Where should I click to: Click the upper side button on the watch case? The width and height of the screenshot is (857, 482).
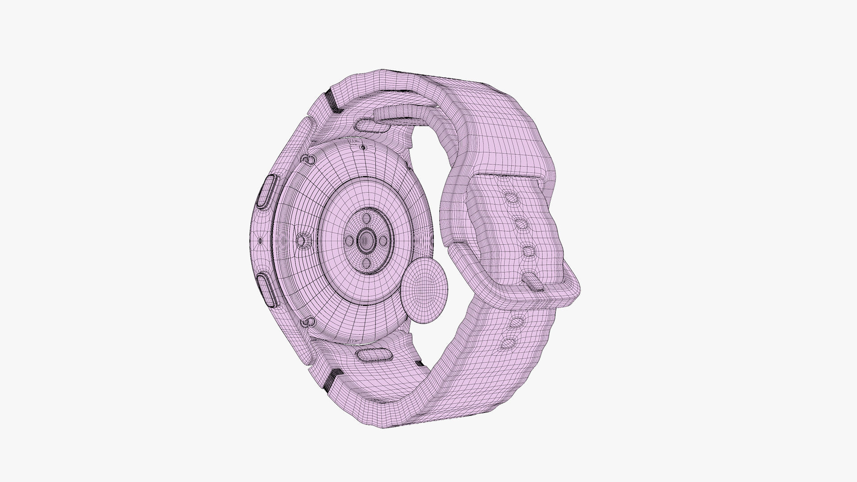click(x=267, y=191)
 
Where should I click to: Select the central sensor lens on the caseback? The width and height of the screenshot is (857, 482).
click(x=366, y=241)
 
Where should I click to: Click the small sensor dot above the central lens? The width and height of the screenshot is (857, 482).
click(x=366, y=218)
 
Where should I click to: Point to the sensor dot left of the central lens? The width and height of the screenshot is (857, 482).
click(x=349, y=241)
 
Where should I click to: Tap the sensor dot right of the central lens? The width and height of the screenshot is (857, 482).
click(x=383, y=241)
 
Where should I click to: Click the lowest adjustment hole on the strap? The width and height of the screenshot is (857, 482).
click(x=508, y=343)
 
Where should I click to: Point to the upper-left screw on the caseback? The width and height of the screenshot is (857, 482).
click(x=307, y=159)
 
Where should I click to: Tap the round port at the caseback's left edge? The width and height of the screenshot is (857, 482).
click(x=302, y=241)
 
